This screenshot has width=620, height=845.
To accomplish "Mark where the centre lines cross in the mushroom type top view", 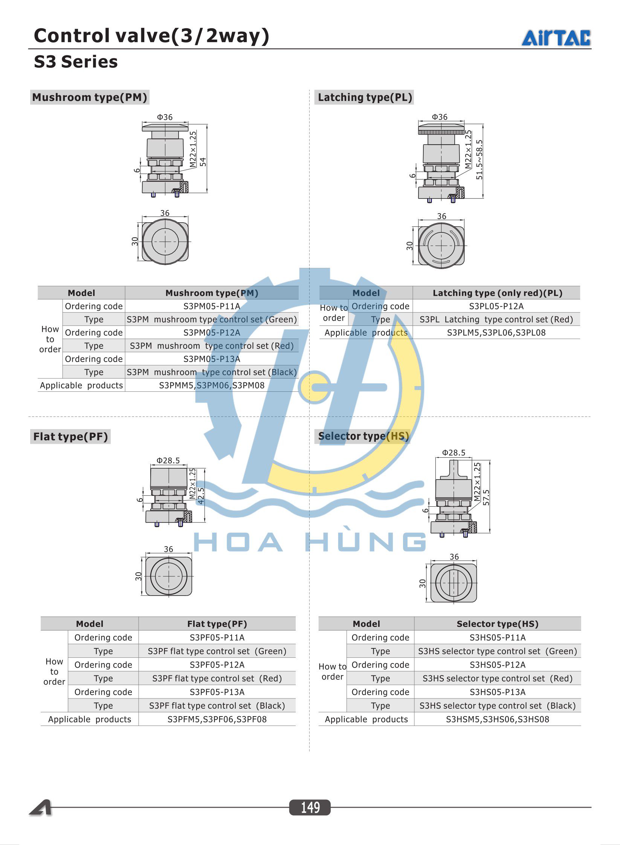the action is point(165,241).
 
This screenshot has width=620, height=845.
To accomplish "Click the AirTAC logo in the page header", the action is point(556,38).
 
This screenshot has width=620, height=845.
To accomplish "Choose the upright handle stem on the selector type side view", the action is point(454,468).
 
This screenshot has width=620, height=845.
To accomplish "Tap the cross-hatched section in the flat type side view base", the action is point(188,516).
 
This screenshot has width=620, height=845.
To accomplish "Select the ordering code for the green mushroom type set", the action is point(212,306).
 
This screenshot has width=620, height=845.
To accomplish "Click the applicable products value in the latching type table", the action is point(496,333).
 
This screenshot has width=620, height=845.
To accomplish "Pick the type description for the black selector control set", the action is point(498,706).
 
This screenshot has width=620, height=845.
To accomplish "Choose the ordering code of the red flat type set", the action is point(217,665).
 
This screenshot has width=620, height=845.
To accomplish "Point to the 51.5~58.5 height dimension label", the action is point(479,159).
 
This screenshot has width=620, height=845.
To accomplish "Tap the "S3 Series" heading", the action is point(76,62).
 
